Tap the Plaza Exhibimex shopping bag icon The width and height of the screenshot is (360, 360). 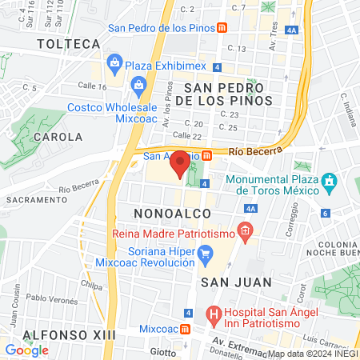[x=114, y=63]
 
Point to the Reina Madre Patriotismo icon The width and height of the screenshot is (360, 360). [x=245, y=233]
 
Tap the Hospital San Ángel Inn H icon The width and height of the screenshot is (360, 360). [x=213, y=314]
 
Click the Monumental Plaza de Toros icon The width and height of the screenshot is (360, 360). [x=327, y=183]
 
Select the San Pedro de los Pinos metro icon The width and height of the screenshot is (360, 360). [x=222, y=26]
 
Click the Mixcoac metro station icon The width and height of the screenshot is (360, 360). [x=185, y=329]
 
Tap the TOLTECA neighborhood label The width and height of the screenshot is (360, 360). [x=69, y=43]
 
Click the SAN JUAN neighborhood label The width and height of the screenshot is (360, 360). [x=237, y=282]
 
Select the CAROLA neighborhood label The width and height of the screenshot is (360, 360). [x=57, y=137]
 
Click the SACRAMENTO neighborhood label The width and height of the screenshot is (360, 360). [x=35, y=198]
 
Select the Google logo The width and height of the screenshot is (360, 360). [x=27, y=350]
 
